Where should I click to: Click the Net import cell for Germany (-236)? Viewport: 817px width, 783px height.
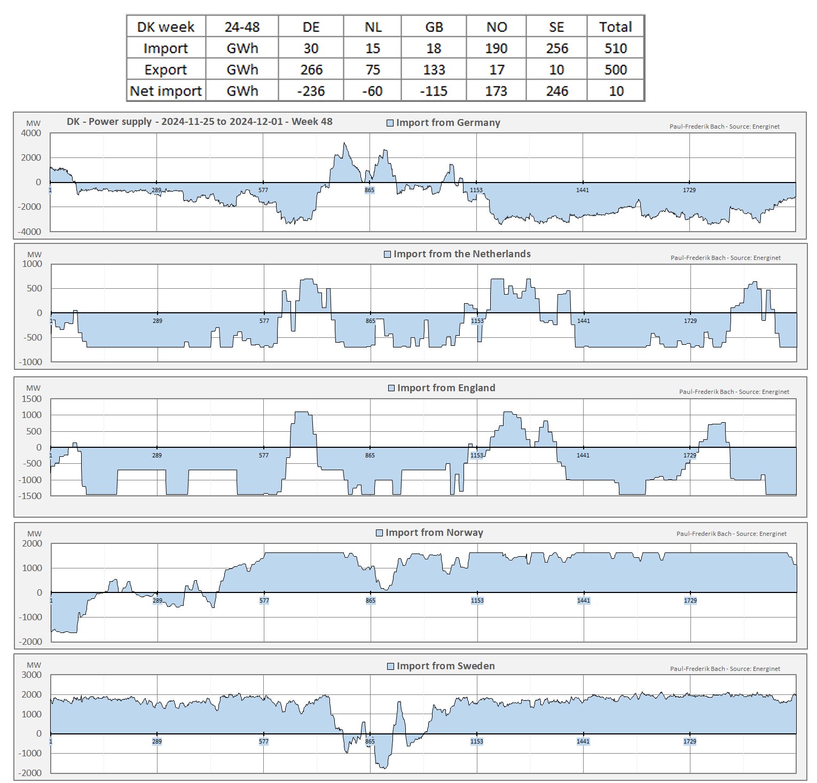(x=311, y=91)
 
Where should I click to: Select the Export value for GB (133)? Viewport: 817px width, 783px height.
(x=434, y=70)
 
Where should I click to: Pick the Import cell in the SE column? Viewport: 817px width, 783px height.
(x=556, y=49)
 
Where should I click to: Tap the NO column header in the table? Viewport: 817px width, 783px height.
(x=496, y=27)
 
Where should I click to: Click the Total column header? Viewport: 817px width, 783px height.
(x=615, y=27)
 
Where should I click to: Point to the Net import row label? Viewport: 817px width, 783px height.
(x=166, y=91)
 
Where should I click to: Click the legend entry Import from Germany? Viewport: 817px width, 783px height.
(x=443, y=123)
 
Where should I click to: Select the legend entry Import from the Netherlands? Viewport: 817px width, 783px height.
(x=457, y=254)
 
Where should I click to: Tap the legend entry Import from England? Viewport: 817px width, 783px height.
(x=442, y=388)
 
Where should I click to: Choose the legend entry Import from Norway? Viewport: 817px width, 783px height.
(x=430, y=533)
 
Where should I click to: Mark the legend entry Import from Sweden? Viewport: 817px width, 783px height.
(x=441, y=666)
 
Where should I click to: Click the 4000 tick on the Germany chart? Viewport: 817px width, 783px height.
(x=31, y=133)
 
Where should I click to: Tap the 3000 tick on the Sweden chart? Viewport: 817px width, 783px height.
(x=32, y=675)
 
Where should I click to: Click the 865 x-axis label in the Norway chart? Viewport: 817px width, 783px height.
(x=371, y=600)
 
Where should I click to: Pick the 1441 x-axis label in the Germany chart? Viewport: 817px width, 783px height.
(x=583, y=190)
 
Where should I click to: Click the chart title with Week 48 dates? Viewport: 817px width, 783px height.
(x=199, y=122)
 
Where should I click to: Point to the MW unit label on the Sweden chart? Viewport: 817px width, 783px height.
(x=34, y=665)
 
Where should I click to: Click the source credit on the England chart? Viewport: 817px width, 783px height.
(x=734, y=392)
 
